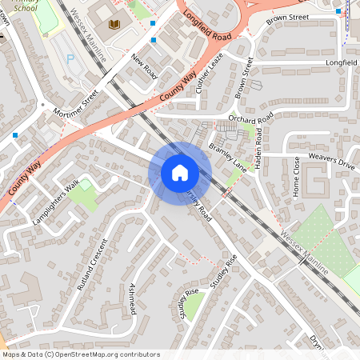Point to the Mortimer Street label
[76, 103]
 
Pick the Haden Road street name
[265, 142]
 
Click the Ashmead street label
[132, 301]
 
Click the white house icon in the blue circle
[179, 173]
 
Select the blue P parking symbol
[70, 58]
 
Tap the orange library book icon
[114, 24]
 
